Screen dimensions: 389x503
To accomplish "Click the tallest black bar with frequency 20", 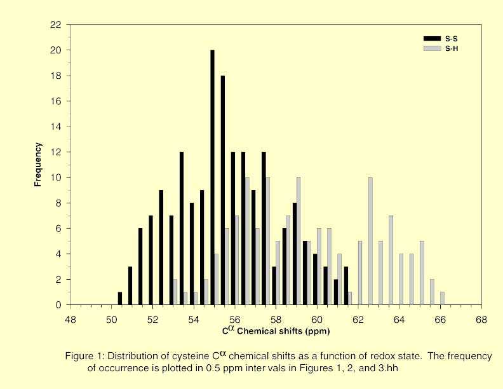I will click(x=213, y=177).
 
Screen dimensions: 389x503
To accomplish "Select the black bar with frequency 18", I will click(x=223, y=190).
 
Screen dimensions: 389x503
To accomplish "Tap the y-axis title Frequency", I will click(x=38, y=165).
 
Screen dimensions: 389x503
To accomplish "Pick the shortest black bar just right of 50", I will click(x=120, y=299).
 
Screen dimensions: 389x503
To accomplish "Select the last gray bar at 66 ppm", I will click(x=442, y=299).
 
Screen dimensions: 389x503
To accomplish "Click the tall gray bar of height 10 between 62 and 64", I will click(x=370, y=241).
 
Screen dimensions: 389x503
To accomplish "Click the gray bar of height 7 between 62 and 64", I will click(x=391, y=261).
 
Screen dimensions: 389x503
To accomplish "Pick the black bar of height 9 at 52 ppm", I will click(x=161, y=248).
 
